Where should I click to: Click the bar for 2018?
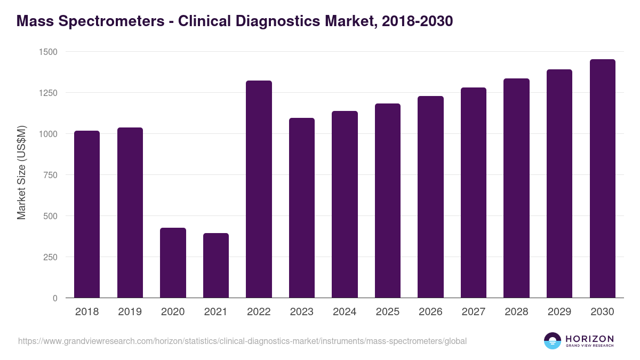point(87,214)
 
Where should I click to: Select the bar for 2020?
point(173,262)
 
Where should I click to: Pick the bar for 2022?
point(259,189)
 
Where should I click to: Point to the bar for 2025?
point(388,201)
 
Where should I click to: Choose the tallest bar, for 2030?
point(602,178)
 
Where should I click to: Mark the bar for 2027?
point(474,193)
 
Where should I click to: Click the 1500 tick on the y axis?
point(47,52)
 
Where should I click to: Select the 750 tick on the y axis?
point(50,175)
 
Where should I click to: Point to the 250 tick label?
point(50,257)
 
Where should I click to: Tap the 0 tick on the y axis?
point(54,298)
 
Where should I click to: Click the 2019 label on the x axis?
point(130,312)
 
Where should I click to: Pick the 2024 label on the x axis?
point(345,312)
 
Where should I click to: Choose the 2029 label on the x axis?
point(559,312)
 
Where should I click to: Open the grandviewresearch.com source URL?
point(243,341)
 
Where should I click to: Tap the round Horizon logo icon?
point(552,341)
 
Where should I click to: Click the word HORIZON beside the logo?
point(589,338)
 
